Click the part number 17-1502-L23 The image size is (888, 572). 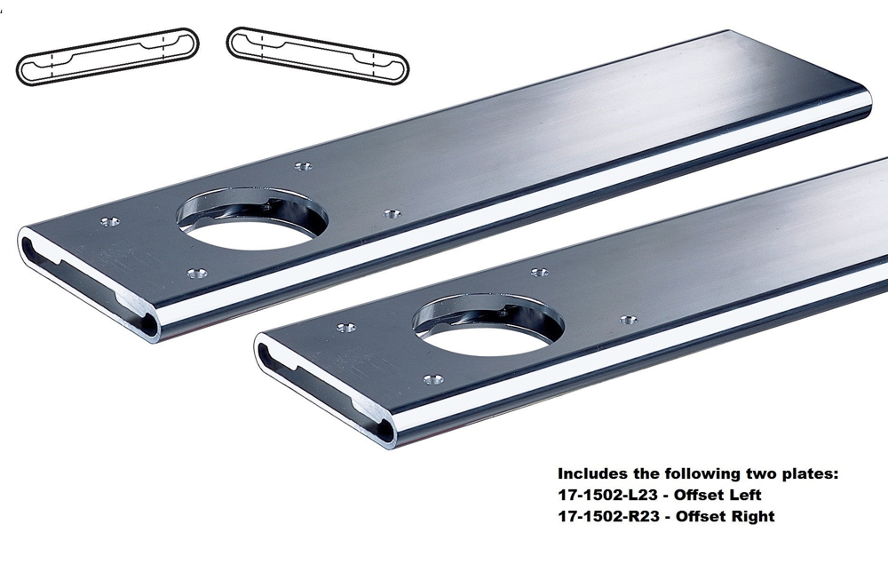pyautogui.click(x=612, y=495)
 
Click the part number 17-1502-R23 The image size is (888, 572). pyautogui.click(x=612, y=516)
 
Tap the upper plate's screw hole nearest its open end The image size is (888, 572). pyautogui.click(x=110, y=221)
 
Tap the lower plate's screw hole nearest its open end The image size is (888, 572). pyautogui.click(x=346, y=328)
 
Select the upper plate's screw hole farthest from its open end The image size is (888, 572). pyautogui.click(x=391, y=214)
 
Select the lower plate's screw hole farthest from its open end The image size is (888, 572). pyautogui.click(x=628, y=320)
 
